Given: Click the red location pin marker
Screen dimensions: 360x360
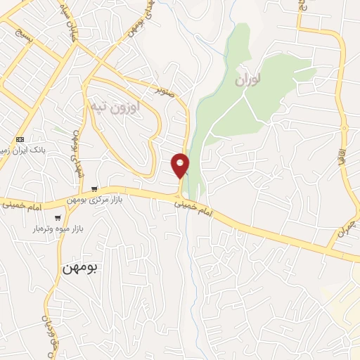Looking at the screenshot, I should coord(181,165).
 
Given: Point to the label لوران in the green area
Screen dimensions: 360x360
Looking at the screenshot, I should coord(249,81).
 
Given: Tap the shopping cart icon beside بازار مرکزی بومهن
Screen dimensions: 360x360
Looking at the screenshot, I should coord(94,188).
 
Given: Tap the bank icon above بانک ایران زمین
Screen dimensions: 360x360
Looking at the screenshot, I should coord(20,139).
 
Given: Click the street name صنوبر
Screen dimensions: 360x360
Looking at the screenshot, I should coord(165,89).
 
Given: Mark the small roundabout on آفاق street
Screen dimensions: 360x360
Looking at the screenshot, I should coord(345,127).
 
